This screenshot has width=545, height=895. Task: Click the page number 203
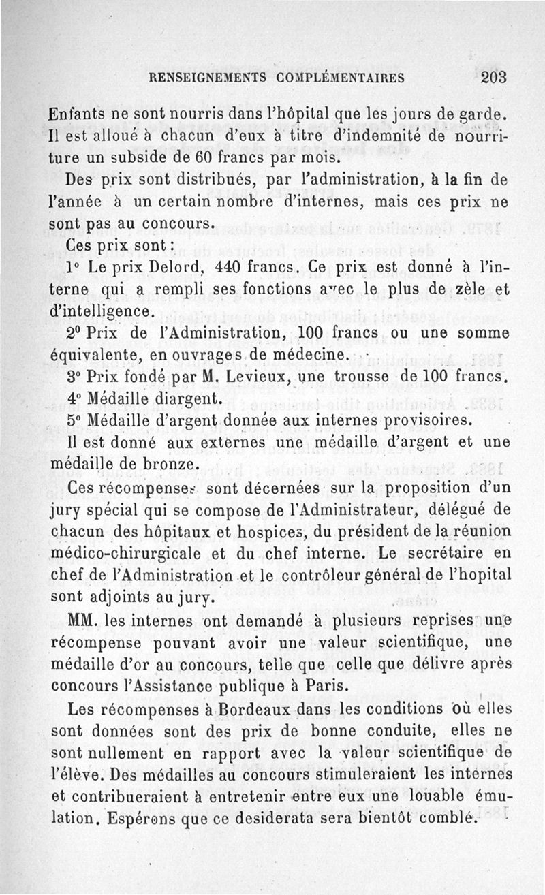(x=493, y=77)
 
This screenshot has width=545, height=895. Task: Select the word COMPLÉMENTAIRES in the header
(x=334, y=78)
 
